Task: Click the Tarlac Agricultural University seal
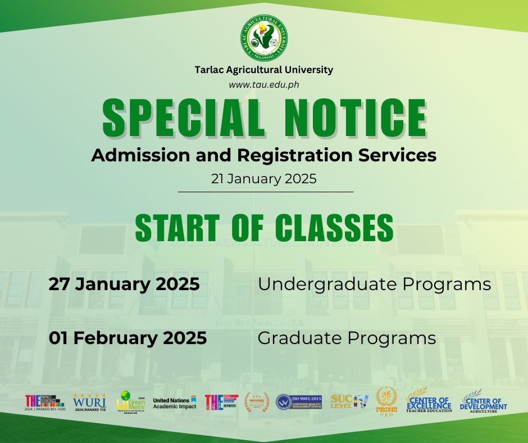(x=263, y=38)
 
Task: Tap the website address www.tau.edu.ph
(x=263, y=84)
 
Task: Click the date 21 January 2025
(x=264, y=179)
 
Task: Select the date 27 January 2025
(x=124, y=284)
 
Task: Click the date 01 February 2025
(x=128, y=338)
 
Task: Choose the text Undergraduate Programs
(x=374, y=284)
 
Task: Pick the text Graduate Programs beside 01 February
(x=347, y=338)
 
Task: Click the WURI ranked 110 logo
(x=89, y=403)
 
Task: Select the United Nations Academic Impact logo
(x=175, y=403)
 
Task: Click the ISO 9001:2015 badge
(x=298, y=402)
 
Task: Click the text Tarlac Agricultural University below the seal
(x=263, y=70)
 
